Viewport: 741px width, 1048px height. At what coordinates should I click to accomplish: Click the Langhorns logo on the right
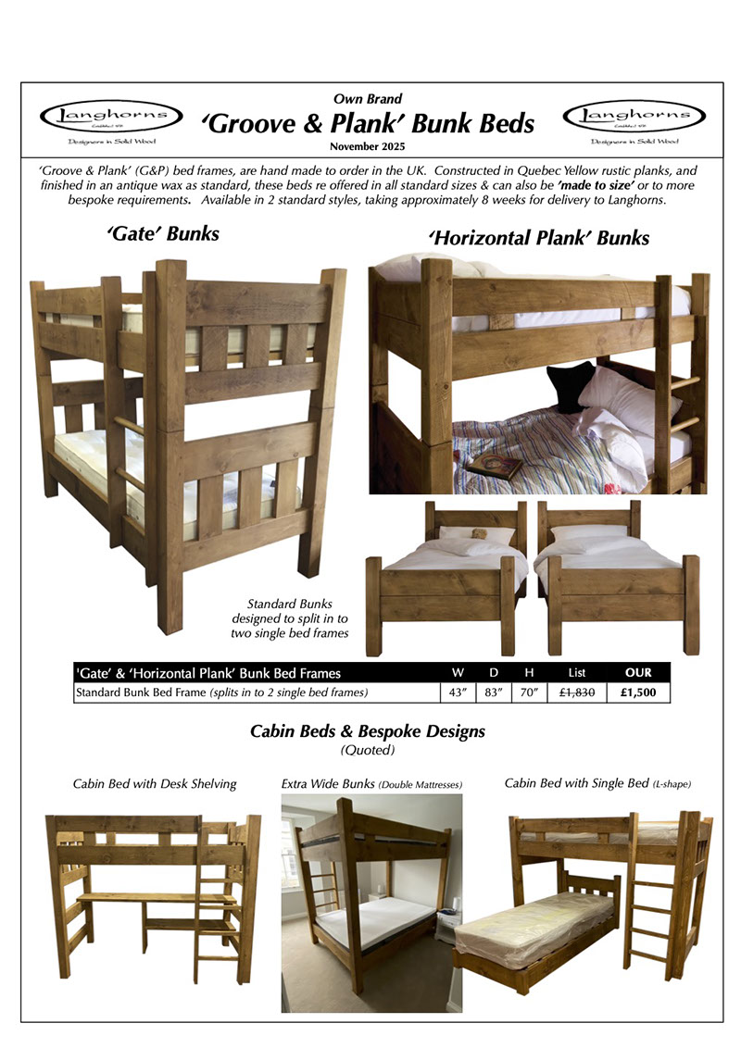[634, 119]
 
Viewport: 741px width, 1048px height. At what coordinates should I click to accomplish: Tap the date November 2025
[368, 147]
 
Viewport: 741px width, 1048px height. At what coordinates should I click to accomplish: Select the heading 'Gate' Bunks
[163, 233]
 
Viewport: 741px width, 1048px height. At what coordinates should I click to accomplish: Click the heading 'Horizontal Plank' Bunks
[538, 238]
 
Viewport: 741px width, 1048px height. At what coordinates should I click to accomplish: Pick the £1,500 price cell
[638, 692]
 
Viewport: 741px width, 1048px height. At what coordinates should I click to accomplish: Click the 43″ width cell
[457, 692]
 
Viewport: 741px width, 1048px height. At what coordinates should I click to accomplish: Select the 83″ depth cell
[492, 692]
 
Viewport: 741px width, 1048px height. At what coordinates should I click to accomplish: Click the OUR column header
[638, 672]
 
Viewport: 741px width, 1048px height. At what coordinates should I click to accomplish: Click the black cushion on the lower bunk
[571, 385]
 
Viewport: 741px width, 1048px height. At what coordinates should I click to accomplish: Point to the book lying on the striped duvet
[494, 465]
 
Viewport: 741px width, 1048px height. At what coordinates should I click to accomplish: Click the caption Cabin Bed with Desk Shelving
[155, 784]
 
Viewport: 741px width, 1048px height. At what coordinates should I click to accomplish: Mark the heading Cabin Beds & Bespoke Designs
[368, 731]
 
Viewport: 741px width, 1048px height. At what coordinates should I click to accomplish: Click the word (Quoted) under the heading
[368, 751]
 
